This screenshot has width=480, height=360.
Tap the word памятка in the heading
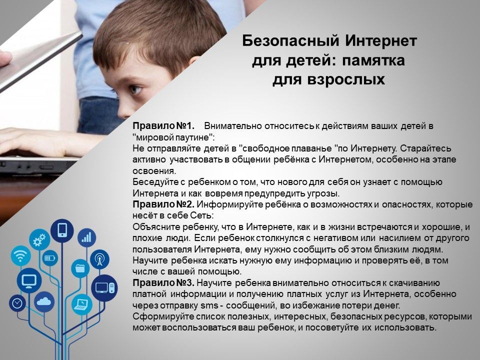pyautogui.click(x=373, y=60)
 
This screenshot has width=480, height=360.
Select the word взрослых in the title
pyautogui.click(x=345, y=79)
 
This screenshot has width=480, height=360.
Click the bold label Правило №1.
pyautogui.click(x=164, y=126)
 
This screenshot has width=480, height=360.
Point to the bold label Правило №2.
pyautogui.click(x=164, y=204)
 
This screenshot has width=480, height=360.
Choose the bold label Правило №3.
pyautogui.click(x=164, y=283)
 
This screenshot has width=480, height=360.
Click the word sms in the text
pyautogui.click(x=209, y=305)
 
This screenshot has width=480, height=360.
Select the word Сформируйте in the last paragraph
pyautogui.click(x=163, y=316)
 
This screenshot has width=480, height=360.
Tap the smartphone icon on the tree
pyautogui.click(x=62, y=230)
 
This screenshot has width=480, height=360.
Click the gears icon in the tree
pyautogui.click(x=39, y=239)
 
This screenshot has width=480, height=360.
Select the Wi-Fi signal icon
pyautogui.click(x=20, y=255)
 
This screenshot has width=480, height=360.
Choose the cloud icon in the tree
pyautogui.click(x=44, y=302)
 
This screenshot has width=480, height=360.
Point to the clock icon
pyautogui.click(x=17, y=303)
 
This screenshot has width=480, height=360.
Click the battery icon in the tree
pyautogui.click(x=50, y=258)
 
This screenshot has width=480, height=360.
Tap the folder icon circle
pyautogui.click(x=80, y=268)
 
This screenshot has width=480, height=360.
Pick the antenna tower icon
pyautogui.click(x=100, y=259)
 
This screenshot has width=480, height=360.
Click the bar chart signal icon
pyautogui.click(x=86, y=238)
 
